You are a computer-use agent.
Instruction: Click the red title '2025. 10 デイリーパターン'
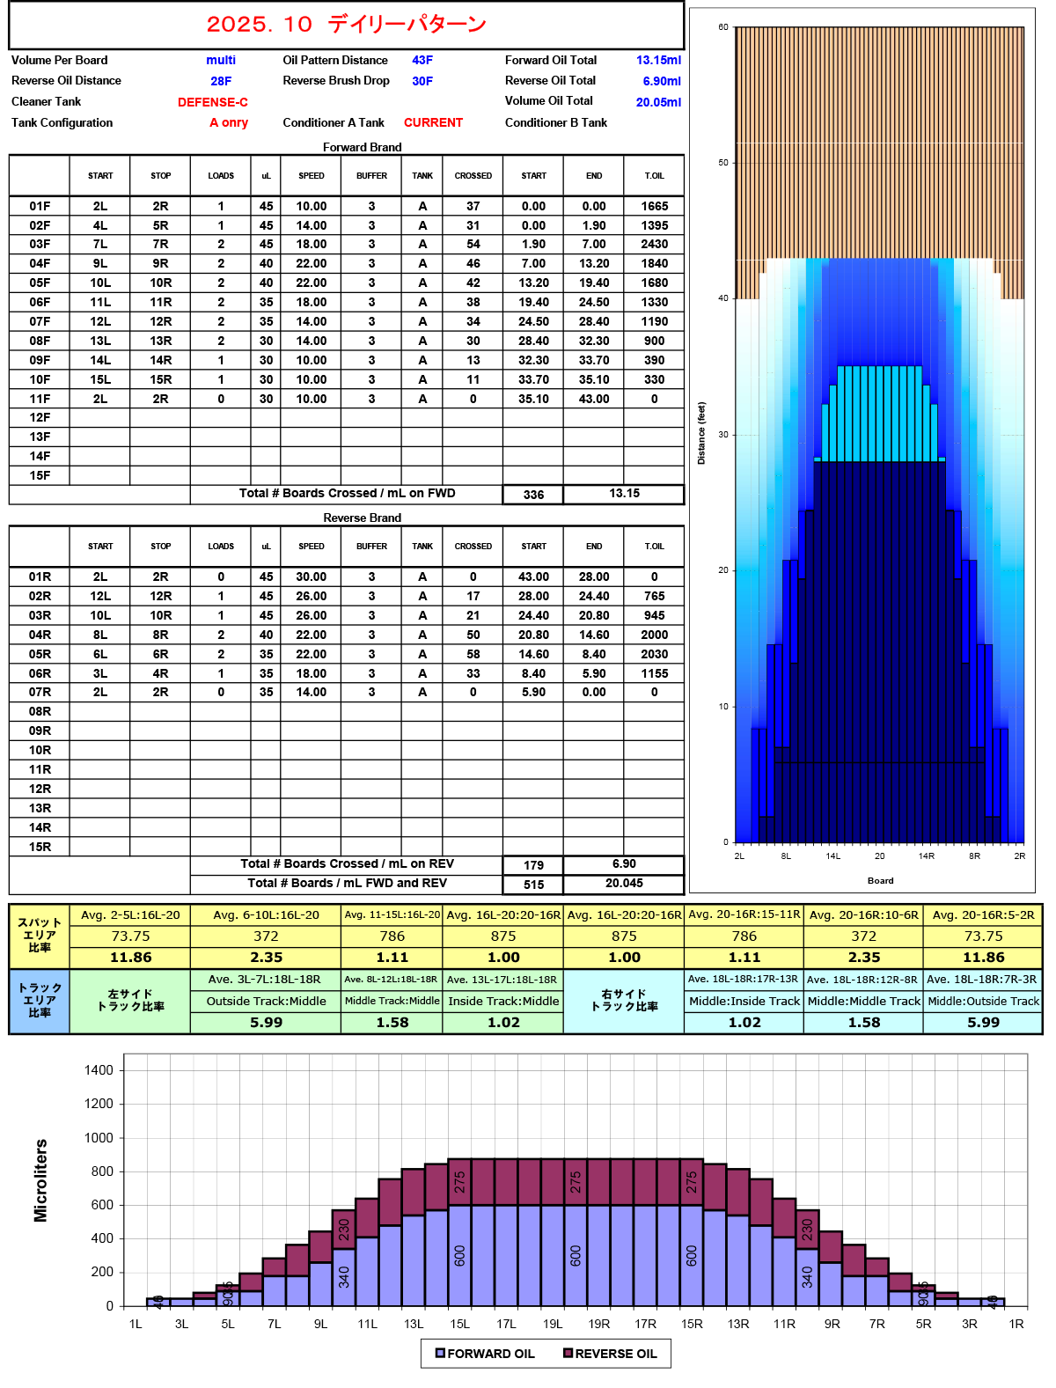click(346, 25)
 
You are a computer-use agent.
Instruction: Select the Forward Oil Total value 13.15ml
click(658, 60)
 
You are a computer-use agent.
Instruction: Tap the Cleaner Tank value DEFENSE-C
click(212, 102)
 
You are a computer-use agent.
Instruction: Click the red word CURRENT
click(433, 122)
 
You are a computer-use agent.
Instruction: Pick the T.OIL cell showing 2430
click(654, 244)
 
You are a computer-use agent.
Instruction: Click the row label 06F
click(40, 302)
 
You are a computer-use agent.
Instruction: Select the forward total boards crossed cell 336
click(533, 495)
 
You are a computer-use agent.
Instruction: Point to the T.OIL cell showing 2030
click(654, 654)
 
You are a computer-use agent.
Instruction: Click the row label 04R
click(40, 635)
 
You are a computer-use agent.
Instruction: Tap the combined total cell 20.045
click(624, 884)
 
